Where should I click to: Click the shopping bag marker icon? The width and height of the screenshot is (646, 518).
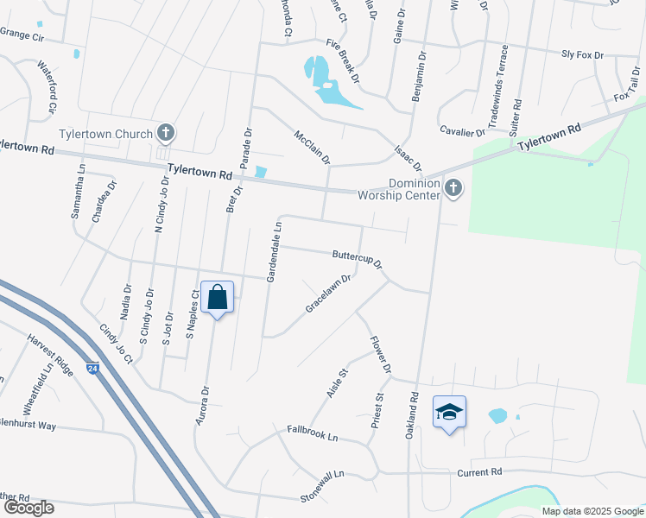click(217, 296)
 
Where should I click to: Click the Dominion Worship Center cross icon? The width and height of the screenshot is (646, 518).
click(453, 187)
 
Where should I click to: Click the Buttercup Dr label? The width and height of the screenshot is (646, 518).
click(358, 259)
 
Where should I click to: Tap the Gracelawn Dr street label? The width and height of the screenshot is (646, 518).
click(328, 294)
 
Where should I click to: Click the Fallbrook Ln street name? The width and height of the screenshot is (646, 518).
click(313, 433)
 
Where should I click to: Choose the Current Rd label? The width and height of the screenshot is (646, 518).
click(479, 472)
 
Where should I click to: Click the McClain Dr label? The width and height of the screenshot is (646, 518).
click(312, 147)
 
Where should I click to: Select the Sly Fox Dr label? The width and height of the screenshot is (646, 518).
click(582, 54)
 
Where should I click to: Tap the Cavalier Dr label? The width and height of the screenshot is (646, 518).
click(462, 132)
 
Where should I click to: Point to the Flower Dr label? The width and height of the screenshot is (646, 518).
click(380, 355)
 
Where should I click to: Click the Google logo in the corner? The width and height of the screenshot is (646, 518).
click(28, 507)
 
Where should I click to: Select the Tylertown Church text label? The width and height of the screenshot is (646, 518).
click(105, 134)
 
